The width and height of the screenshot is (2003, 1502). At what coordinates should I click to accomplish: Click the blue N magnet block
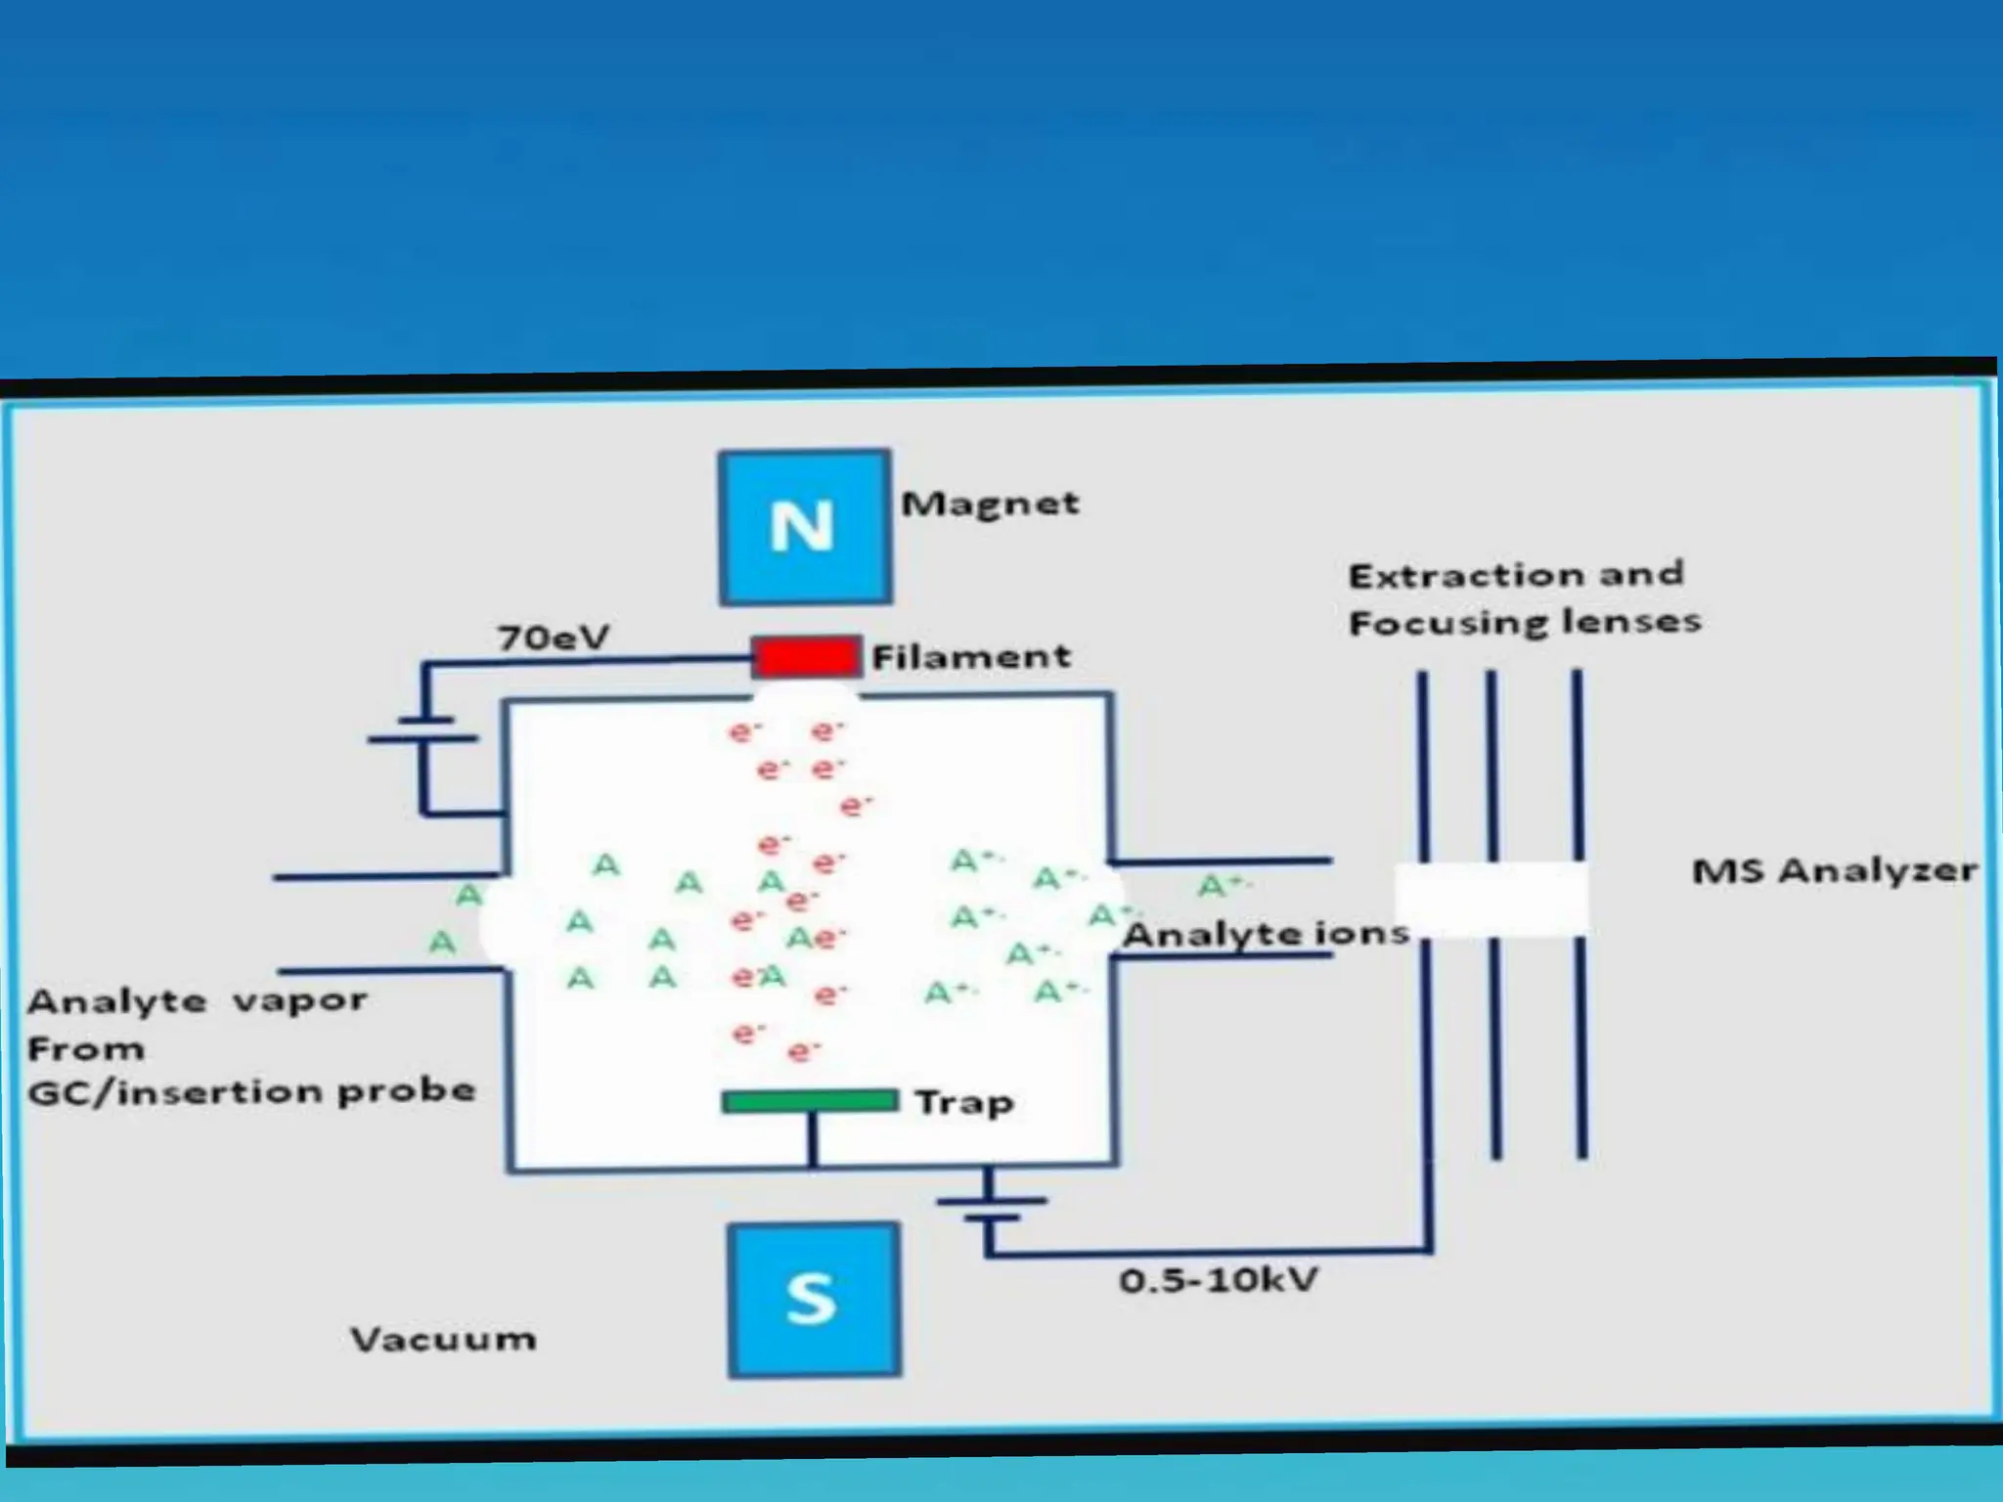(804, 526)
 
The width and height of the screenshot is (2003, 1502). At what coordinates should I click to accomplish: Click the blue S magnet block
(813, 1299)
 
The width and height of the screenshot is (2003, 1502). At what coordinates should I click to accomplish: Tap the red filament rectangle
(805, 656)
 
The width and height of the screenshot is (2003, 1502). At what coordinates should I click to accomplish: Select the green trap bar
(810, 1101)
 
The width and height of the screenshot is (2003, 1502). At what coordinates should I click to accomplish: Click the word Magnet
(990, 504)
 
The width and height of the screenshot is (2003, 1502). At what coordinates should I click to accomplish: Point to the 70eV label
(553, 639)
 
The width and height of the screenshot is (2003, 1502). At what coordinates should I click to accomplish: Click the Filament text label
(970, 656)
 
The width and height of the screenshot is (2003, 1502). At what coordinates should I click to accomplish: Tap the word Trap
(964, 1103)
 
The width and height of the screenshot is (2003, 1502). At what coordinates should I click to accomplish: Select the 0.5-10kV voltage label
(1219, 1280)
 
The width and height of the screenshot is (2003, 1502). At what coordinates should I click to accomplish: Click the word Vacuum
(443, 1339)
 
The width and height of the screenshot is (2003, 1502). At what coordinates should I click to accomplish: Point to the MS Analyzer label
(1834, 870)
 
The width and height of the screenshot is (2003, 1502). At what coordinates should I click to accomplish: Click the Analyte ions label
(1266, 934)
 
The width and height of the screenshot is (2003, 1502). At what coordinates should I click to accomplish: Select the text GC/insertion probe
(251, 1091)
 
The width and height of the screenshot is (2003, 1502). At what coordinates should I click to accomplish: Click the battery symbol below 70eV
(423, 729)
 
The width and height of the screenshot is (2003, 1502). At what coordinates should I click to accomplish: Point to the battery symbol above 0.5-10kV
(990, 1209)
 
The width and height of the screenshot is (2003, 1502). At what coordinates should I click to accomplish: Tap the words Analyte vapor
(198, 1001)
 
